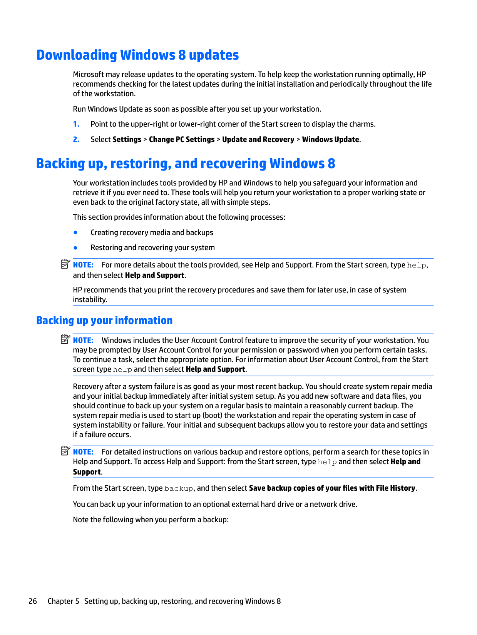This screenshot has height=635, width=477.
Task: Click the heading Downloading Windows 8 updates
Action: tap(137, 55)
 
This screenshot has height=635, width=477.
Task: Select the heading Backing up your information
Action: tap(104, 321)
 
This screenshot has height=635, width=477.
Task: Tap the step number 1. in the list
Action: tap(76, 124)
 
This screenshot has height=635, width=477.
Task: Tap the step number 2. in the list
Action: tap(76, 140)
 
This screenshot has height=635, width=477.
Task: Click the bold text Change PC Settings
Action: tap(182, 140)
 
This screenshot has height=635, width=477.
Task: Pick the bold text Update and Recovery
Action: tap(258, 140)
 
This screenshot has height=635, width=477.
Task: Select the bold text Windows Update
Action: tap(330, 140)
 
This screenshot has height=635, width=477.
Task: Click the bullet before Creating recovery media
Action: tap(75, 232)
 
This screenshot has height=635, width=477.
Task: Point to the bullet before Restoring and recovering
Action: tap(75, 248)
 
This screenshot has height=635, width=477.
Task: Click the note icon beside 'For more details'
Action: tap(65, 264)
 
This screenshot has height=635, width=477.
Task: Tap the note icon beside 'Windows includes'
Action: tap(65, 339)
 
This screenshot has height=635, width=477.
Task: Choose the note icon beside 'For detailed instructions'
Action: tap(65, 451)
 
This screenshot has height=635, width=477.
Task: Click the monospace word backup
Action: tap(179, 489)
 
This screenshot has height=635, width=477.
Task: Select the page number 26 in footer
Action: tap(33, 602)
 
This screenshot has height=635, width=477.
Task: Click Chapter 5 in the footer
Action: tap(63, 602)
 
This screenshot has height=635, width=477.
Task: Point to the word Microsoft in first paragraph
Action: tap(89, 75)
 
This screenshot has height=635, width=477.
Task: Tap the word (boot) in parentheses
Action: tap(212, 416)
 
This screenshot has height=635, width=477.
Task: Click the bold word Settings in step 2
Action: tap(127, 140)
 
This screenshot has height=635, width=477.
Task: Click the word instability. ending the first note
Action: tap(90, 300)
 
